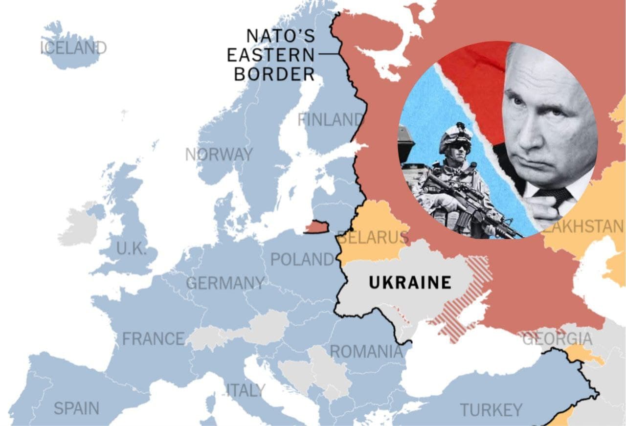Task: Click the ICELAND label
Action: coord(73,48)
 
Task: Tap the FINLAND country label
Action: coord(331,119)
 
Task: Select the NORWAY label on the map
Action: coord(219,155)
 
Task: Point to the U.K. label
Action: coord(131,249)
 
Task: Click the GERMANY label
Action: coord(225,283)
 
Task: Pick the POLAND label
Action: coord(302,259)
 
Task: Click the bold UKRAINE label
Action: coord(410,282)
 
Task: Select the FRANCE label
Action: coord(153,338)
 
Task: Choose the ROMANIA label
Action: coord(366,351)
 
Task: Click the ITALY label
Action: coord(246,390)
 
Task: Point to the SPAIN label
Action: coord(76,408)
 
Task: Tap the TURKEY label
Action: coord(491,409)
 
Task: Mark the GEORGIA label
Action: coord(557,338)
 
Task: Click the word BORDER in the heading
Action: coord(274,74)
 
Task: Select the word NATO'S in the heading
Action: coord(280,36)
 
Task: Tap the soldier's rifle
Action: coord(469,205)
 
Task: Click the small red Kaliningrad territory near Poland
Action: coord(316,226)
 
